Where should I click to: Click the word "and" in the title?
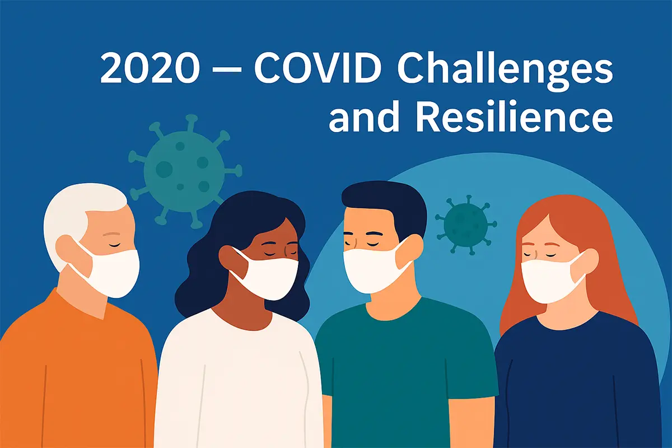point(364,118)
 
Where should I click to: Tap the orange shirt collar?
point(92,305)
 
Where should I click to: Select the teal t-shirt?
point(403,370)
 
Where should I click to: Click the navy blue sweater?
point(577,381)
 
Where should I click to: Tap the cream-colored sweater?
point(235,381)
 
